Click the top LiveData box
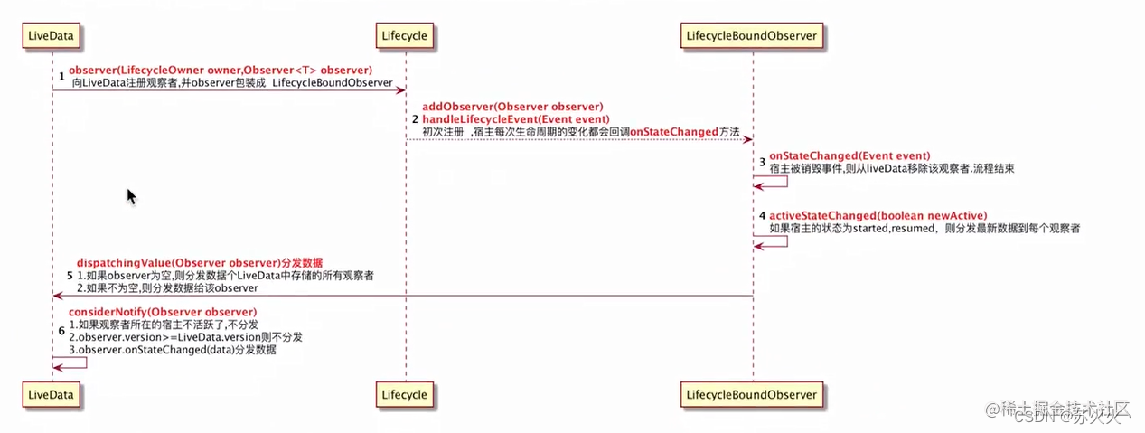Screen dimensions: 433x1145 [x=52, y=35]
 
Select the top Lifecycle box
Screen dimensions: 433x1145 [x=405, y=35]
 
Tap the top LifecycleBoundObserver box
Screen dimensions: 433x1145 [x=752, y=35]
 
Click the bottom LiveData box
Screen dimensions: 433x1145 [x=52, y=394]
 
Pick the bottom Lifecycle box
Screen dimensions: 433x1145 [x=405, y=394]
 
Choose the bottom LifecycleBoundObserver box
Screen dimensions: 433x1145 [x=752, y=394]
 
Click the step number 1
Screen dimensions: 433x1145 [x=62, y=77]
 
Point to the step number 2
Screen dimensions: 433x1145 [x=415, y=119]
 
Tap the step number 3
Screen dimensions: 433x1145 [x=762, y=162]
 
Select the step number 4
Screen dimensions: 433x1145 [x=762, y=217]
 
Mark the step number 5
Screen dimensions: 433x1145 [x=69, y=274]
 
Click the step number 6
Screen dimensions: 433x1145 [x=61, y=331]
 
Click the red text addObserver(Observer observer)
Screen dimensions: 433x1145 [x=512, y=107]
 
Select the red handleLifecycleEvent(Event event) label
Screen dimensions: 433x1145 [x=516, y=119]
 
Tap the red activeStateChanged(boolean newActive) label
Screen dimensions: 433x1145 [x=878, y=215]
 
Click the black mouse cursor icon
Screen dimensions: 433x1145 [x=131, y=196]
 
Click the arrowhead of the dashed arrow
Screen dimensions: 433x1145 [x=746, y=139]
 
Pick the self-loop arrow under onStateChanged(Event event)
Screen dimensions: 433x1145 [x=772, y=182]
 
